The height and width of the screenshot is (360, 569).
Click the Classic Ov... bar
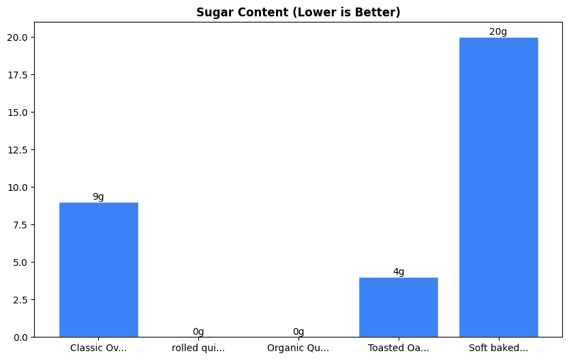tap(98, 269)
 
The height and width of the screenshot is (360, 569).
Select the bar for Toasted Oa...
tap(398, 307)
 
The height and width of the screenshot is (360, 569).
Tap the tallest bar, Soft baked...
tap(498, 187)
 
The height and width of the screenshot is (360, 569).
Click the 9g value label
tap(98, 197)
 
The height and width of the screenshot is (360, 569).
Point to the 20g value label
tap(498, 32)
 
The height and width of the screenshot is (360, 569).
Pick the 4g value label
tap(398, 272)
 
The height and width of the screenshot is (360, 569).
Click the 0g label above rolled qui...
tap(198, 332)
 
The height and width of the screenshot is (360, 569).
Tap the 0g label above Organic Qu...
tap(298, 332)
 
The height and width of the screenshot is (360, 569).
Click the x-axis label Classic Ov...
tap(98, 348)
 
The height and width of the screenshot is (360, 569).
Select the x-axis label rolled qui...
tap(198, 348)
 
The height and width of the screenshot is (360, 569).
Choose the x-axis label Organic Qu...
tap(298, 348)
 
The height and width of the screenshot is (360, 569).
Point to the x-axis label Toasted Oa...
tap(398, 348)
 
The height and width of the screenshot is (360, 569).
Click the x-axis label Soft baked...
tap(498, 348)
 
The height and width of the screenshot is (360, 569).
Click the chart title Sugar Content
tap(298, 12)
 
